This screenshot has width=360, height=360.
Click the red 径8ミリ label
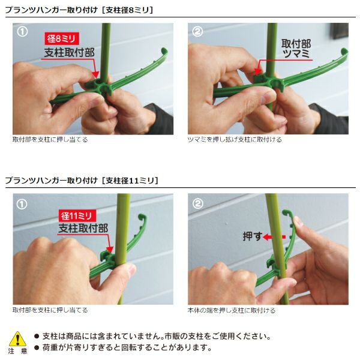(62, 38)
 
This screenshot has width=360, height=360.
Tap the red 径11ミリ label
(77, 216)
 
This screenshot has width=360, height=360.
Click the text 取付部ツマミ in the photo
(296, 49)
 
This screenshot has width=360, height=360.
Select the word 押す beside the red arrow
(253, 236)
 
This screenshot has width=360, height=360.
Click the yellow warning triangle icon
(17, 339)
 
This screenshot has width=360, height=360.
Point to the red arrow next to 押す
(274, 237)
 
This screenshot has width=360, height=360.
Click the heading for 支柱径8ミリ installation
(79, 10)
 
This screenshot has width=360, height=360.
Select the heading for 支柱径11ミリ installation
(82, 181)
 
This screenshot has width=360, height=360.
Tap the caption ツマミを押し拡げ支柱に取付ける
(235, 140)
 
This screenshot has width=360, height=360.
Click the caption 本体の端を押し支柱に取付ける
(232, 310)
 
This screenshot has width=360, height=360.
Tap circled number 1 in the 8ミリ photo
(22, 32)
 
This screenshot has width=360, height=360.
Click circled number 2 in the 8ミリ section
(197, 32)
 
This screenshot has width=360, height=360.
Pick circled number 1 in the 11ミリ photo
(22, 204)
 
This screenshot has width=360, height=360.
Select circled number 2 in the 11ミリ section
(197, 203)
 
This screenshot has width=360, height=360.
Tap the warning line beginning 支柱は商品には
(152, 337)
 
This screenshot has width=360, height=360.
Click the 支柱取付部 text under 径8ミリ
(70, 53)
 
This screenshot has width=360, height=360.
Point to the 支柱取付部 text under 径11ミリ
(83, 228)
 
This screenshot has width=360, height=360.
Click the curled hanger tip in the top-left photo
(164, 52)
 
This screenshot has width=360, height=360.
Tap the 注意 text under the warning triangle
(17, 351)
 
